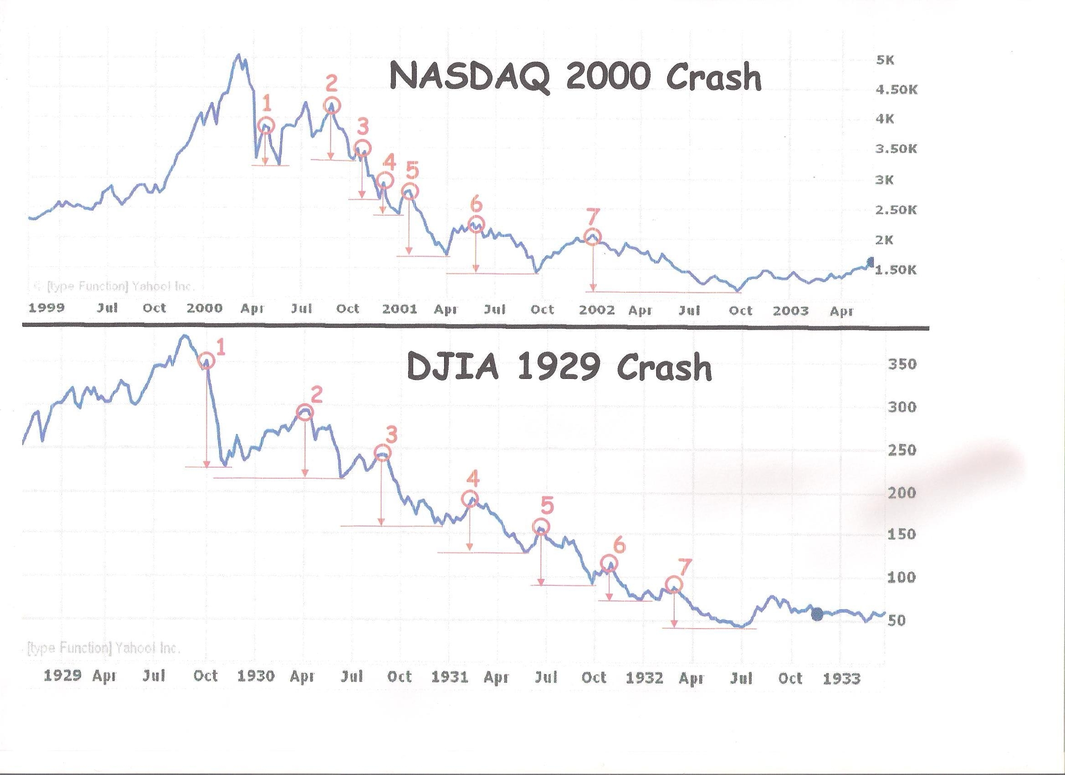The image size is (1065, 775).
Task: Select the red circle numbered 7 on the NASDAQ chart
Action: [x=593, y=237]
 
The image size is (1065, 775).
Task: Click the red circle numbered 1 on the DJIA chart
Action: [x=207, y=361]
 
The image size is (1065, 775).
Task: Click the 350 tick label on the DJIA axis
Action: [x=901, y=364]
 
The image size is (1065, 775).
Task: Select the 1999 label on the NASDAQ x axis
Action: [x=47, y=308]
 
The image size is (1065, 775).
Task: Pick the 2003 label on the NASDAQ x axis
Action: [x=790, y=310]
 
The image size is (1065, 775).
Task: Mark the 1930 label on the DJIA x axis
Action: [x=256, y=677]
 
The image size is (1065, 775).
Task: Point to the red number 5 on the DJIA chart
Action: [x=547, y=506]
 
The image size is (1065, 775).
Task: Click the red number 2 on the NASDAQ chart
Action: [x=332, y=85]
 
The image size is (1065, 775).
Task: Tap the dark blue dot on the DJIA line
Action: [x=817, y=614]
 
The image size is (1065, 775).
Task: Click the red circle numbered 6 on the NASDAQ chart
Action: [x=476, y=224]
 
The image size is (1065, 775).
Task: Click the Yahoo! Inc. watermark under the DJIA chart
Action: [x=103, y=649]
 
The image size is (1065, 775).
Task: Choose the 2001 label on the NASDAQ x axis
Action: [x=399, y=309]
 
